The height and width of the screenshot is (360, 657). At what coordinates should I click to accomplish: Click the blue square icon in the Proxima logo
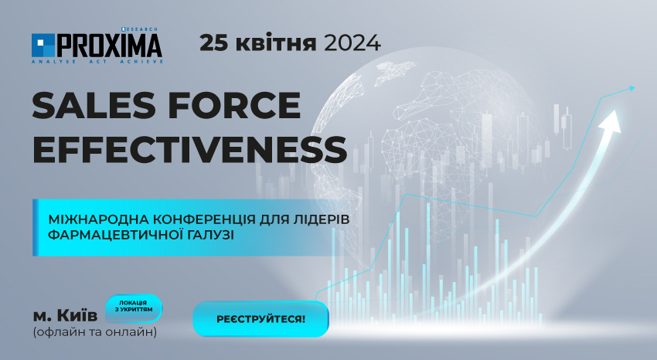click(43, 46)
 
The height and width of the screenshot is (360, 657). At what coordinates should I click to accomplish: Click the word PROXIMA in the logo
click(109, 46)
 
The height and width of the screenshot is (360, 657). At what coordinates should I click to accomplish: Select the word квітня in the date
click(276, 42)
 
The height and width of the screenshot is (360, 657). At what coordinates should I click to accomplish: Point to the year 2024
click(352, 42)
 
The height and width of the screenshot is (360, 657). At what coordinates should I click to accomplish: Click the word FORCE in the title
click(235, 106)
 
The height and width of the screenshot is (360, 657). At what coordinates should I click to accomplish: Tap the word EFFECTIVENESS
click(189, 149)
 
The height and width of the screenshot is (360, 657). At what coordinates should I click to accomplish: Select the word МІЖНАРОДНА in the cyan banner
click(98, 219)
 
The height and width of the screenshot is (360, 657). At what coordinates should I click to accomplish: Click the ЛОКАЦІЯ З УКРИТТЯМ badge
click(134, 308)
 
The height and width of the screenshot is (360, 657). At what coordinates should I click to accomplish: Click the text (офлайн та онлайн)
click(95, 332)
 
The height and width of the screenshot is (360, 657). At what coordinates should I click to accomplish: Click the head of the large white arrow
click(611, 121)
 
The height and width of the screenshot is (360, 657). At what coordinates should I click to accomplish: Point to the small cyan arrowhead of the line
click(631, 88)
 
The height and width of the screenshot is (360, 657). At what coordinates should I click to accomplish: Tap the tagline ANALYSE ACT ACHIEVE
click(97, 62)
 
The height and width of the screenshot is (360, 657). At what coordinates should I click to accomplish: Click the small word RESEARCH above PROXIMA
click(140, 29)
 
